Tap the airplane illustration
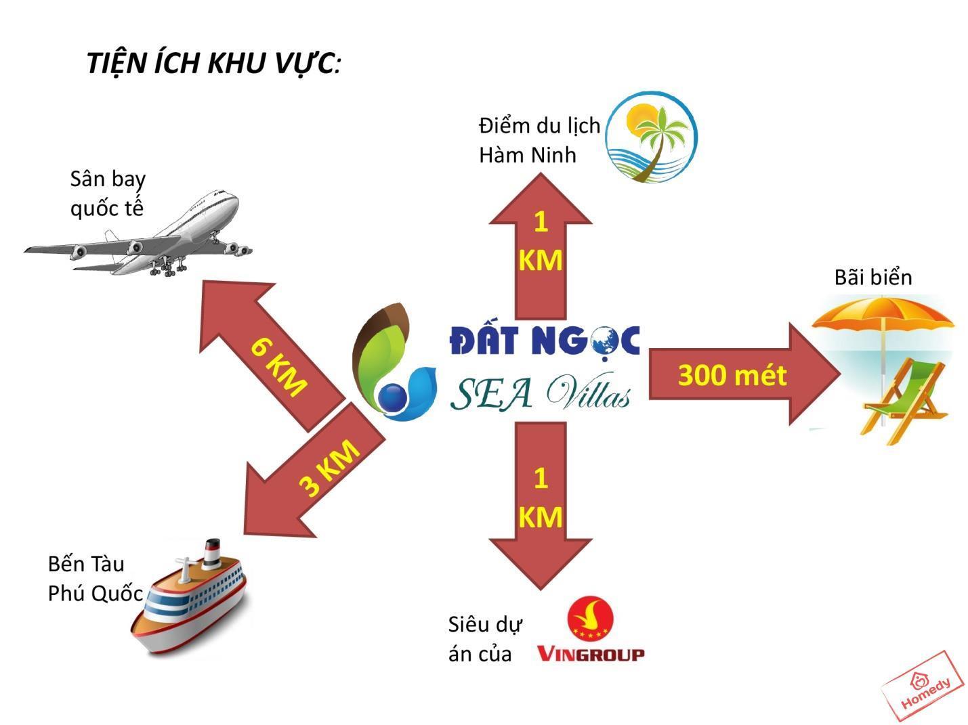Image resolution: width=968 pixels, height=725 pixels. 138,234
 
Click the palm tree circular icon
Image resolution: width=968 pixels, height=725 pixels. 652,137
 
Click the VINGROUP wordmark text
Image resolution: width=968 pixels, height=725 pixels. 591,654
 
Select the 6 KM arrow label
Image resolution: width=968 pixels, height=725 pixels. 278,367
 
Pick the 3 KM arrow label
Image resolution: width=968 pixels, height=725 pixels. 329,468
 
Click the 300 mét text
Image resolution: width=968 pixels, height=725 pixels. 732,376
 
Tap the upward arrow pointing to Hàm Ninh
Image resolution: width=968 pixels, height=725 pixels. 541,246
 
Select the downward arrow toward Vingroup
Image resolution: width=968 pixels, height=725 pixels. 541,506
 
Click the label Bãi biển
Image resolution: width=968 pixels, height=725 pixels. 872,278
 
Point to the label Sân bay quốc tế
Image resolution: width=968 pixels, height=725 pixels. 108,194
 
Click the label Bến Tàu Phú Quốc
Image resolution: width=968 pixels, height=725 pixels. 96,579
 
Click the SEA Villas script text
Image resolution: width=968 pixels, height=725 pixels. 541,392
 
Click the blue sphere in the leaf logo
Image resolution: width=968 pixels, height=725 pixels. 392,397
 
